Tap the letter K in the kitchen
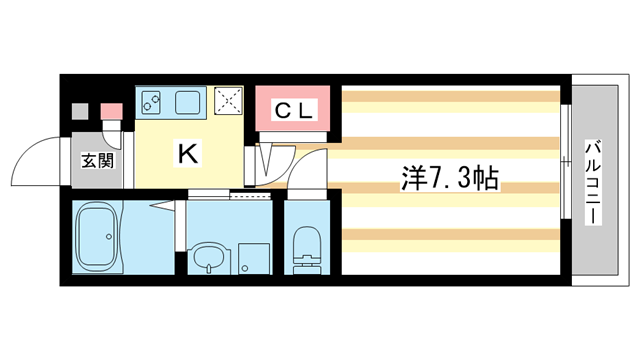[186, 153]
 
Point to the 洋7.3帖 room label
[450, 182]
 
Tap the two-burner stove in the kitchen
[153, 101]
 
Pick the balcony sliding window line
[566, 180]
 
